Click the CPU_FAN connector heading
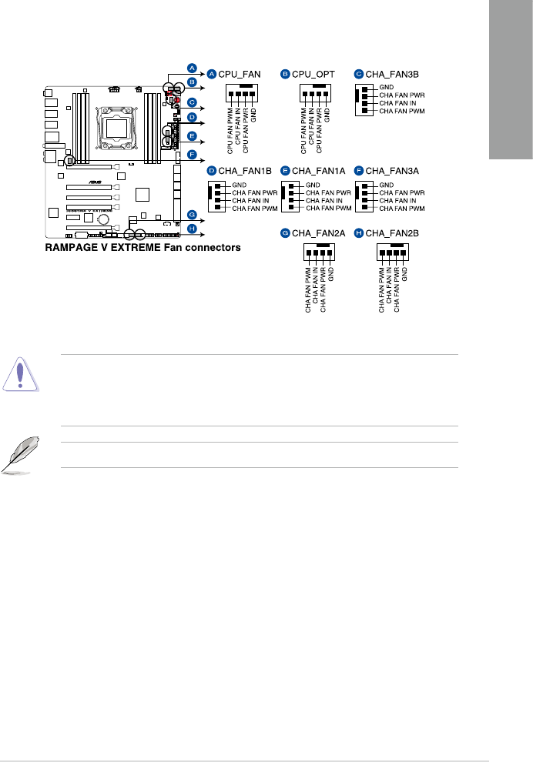pyautogui.click(x=240, y=74)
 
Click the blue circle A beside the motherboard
pyautogui.click(x=191, y=67)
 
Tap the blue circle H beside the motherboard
pyautogui.click(x=191, y=229)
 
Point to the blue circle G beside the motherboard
pyautogui.click(x=191, y=216)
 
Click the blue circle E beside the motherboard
pyautogui.click(x=191, y=137)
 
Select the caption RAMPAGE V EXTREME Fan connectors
pyautogui.click(x=142, y=248)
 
